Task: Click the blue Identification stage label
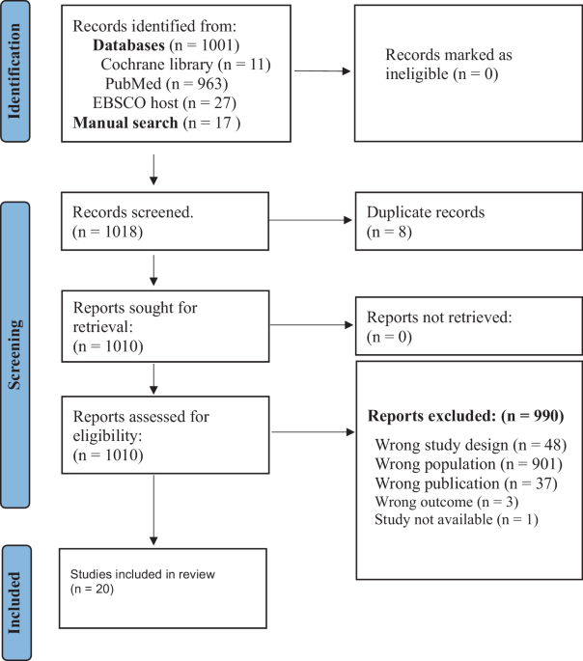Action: click(15, 71)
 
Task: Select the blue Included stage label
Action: click(16, 602)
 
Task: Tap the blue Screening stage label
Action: click(15, 354)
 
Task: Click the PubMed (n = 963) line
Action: click(167, 83)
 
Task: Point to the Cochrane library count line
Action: click(185, 65)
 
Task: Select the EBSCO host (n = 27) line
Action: click(164, 103)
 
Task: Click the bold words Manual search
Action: click(125, 123)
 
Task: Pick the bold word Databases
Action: click(128, 45)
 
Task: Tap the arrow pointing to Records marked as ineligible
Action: click(322, 70)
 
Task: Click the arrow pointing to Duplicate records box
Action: click(310, 220)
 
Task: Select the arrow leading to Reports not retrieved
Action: click(311, 324)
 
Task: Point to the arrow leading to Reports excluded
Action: click(313, 431)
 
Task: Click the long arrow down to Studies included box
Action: click(153, 510)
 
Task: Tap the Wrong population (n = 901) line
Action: click(469, 464)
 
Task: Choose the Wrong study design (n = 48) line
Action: click(471, 445)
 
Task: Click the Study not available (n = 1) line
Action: click(457, 519)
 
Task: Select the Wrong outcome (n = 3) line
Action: click(447, 502)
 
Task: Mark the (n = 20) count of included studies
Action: click(93, 589)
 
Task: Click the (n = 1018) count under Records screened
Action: click(107, 232)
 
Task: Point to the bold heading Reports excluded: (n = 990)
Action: click(466, 416)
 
